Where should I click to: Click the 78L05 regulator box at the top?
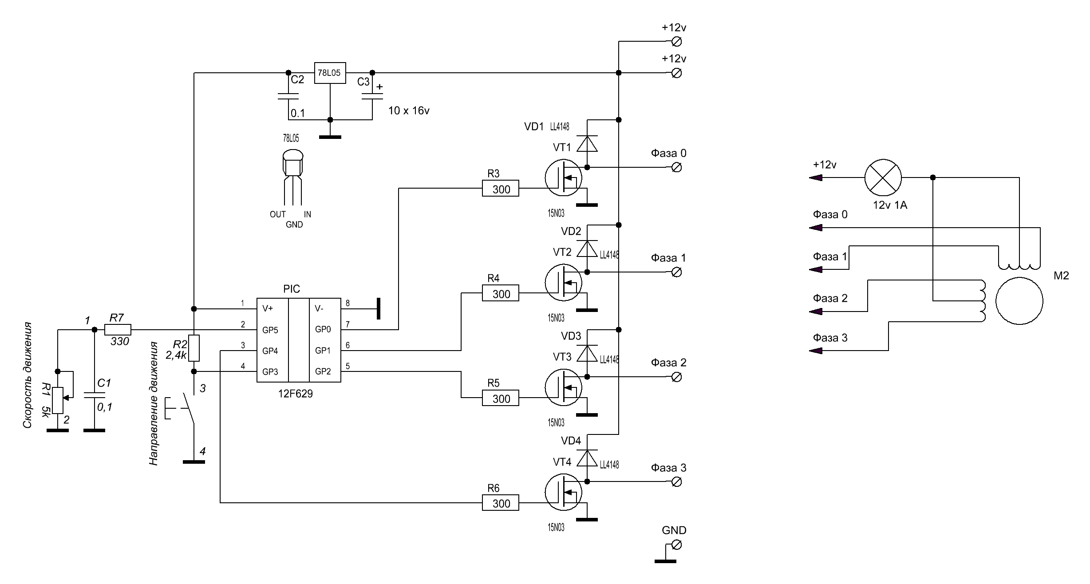coord(330,73)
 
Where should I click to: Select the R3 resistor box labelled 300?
coord(500,189)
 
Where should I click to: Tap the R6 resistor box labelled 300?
coord(500,503)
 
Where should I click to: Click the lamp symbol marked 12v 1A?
coord(883,178)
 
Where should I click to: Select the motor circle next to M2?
coord(1019,301)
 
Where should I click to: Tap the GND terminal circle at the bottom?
coord(677,545)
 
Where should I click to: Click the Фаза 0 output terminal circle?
coord(677,167)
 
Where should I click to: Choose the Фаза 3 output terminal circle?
coord(677,481)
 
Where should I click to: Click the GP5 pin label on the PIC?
coord(270,330)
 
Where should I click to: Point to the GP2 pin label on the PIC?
coord(323,371)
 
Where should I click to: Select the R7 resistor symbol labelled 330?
coord(118,330)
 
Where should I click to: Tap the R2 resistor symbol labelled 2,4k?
coord(194,348)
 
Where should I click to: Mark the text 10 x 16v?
coord(409,111)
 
